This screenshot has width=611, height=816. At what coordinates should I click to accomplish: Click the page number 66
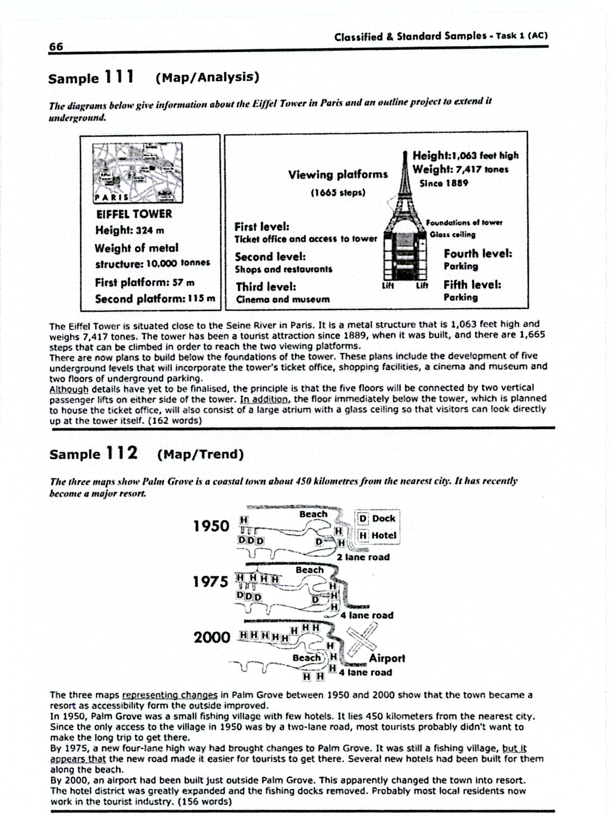[x=56, y=47]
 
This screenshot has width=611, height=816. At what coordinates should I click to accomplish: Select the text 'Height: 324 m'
[x=129, y=231]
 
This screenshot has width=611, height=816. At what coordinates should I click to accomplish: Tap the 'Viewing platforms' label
[x=338, y=175]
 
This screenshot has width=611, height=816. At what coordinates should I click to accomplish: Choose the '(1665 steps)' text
[x=338, y=193]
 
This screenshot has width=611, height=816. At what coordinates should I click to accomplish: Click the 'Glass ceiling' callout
[x=452, y=235]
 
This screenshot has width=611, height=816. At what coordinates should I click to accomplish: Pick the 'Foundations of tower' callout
[x=464, y=222]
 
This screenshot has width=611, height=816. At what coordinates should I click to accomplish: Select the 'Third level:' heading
[x=266, y=287]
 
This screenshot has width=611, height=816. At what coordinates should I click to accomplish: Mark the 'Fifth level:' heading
[x=472, y=285]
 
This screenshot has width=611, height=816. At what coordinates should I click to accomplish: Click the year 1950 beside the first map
[x=211, y=526]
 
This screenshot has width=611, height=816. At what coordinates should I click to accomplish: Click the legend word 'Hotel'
[x=383, y=535]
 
